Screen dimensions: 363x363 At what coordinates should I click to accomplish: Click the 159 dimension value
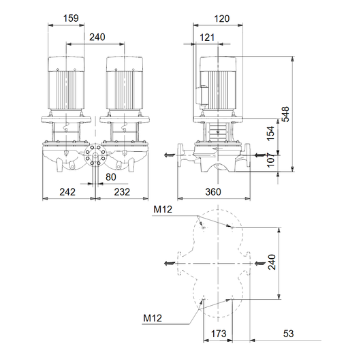pos(71,18)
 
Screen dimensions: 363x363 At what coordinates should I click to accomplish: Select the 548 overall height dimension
pos(286,114)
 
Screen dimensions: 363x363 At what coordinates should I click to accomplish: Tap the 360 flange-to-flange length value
pos(213,192)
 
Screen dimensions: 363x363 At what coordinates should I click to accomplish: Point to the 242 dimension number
pos(67,192)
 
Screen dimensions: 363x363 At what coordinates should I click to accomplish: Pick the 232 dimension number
pos(122,192)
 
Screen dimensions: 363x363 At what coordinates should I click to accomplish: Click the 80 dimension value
pos(110,177)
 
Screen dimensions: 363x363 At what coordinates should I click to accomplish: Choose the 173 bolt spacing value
pos(219,334)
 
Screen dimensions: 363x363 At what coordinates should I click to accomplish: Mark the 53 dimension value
pos(288,334)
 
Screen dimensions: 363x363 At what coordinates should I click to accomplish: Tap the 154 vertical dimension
pos(270,133)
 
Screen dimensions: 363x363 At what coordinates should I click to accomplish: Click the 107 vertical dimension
pos(270,160)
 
